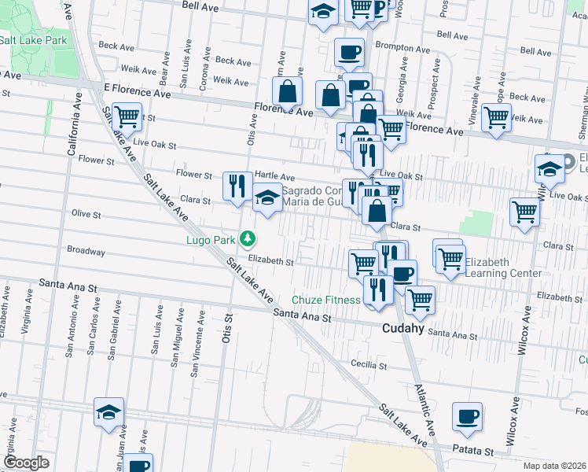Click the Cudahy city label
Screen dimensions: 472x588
pyautogui.click(x=403, y=329)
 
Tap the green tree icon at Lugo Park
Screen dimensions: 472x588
pyautogui.click(x=248, y=237)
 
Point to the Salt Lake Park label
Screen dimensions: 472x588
pyautogui.click(x=33, y=40)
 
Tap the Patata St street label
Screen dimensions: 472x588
pyautogui.click(x=473, y=452)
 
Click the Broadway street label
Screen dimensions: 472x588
pyautogui.click(x=86, y=252)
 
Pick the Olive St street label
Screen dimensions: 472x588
pyautogui.click(x=86, y=214)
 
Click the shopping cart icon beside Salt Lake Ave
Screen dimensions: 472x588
pyautogui.click(x=127, y=116)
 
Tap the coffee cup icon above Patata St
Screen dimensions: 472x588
pyautogui.click(x=467, y=416)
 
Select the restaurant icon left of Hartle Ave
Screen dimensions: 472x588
pyautogui.click(x=237, y=186)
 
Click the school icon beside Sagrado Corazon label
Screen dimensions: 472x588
pyautogui.click(x=267, y=197)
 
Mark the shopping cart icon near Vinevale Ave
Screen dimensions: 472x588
pyautogui.click(x=496, y=117)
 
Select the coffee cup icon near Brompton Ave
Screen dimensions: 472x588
pyautogui.click(x=349, y=52)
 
